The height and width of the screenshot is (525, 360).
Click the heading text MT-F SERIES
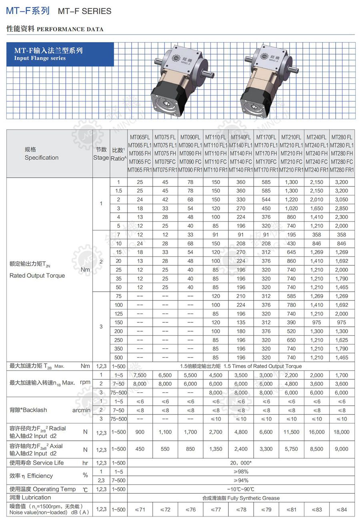[x=84, y=11]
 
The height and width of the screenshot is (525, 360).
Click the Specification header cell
[x=42, y=154]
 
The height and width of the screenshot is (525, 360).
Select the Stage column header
[x=101, y=154]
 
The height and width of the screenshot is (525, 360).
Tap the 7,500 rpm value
[x=140, y=375]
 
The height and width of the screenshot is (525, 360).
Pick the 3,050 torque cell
[x=341, y=200]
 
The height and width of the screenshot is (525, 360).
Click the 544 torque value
[x=266, y=200]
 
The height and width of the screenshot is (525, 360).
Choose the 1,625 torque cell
[x=341, y=340]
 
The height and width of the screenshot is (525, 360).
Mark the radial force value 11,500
[x=291, y=432]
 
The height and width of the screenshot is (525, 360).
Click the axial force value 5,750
[x=291, y=449]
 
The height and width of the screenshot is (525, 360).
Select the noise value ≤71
[x=140, y=509]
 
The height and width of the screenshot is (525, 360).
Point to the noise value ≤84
[x=341, y=509]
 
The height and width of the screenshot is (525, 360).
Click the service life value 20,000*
[x=240, y=463]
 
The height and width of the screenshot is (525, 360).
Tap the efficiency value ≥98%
[x=240, y=472]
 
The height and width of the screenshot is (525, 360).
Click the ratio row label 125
[x=118, y=314]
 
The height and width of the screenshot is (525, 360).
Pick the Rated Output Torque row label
[x=37, y=276]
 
